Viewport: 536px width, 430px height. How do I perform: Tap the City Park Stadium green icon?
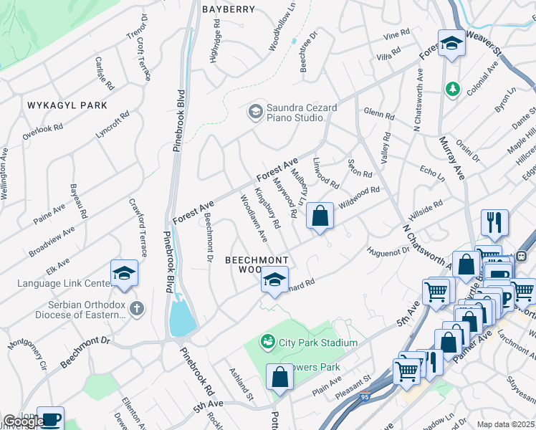tap(268, 343)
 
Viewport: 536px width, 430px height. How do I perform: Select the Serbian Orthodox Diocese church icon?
tap(136, 308)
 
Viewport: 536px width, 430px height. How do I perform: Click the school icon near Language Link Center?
tap(124, 273)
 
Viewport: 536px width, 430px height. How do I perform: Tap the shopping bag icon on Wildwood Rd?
tap(320, 215)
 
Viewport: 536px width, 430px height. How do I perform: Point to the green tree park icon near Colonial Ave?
tap(452, 89)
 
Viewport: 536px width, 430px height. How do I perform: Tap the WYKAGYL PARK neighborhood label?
tap(67, 105)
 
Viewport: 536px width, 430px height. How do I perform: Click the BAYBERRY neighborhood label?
tap(229, 9)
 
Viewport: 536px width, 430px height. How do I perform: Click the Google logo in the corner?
tap(23, 421)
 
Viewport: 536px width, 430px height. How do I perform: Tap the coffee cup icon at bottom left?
tap(50, 419)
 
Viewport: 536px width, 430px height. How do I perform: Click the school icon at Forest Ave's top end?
tap(451, 44)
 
